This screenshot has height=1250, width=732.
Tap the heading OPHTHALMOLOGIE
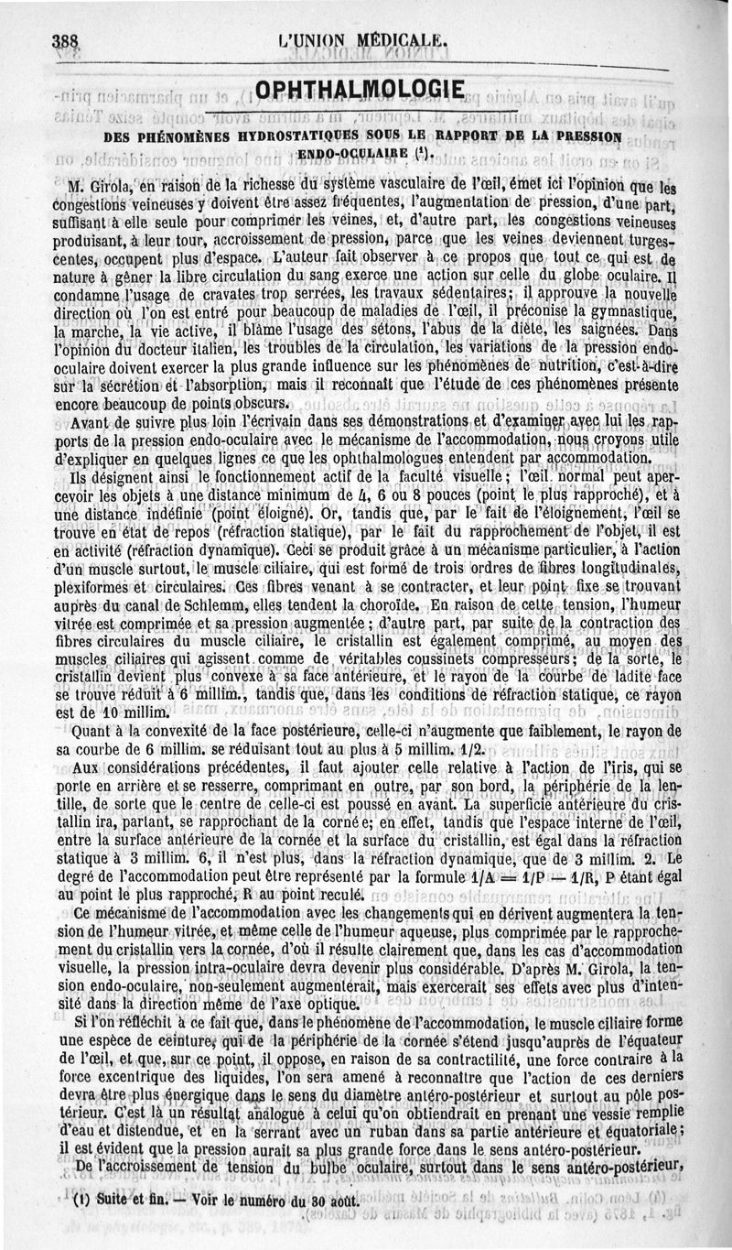[x=363, y=90]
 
